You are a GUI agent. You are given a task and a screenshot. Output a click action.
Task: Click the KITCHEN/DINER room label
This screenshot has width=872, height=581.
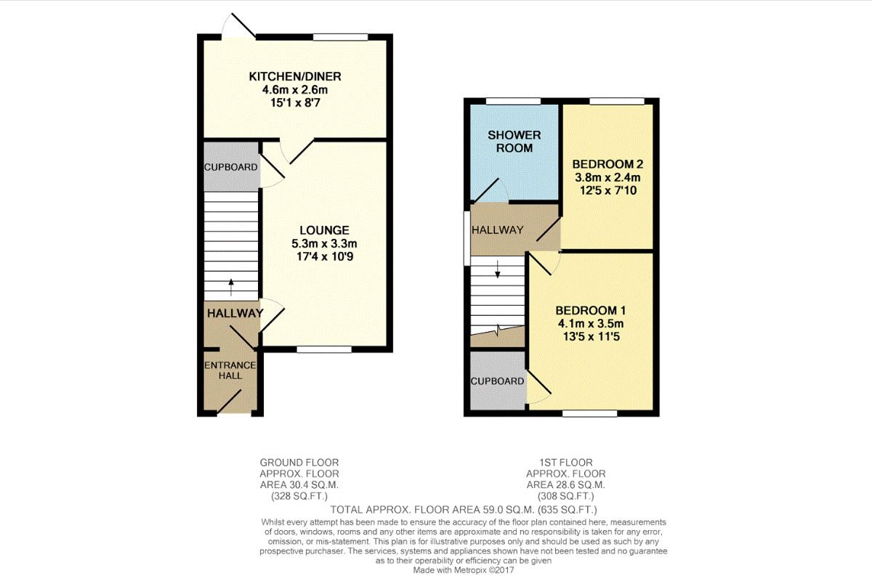(295, 76)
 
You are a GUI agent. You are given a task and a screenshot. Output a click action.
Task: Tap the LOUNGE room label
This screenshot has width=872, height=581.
(324, 230)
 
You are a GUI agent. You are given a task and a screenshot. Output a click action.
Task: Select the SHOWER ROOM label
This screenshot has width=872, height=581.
(514, 142)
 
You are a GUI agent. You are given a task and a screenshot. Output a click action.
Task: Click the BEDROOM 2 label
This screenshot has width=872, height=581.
(607, 164)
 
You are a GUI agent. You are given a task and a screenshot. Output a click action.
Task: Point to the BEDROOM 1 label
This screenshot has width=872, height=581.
(591, 311)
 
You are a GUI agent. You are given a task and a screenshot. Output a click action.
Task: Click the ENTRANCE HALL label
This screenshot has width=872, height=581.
(230, 370)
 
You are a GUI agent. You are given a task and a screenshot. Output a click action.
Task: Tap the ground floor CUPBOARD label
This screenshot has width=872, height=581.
(231, 167)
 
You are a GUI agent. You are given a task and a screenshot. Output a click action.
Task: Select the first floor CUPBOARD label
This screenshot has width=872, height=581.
(497, 381)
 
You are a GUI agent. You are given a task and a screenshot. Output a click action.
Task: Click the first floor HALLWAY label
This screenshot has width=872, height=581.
(498, 230)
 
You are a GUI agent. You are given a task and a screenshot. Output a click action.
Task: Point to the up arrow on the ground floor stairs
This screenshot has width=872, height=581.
(231, 287)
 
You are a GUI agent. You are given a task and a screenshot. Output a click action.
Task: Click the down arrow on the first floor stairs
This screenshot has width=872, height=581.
(498, 269)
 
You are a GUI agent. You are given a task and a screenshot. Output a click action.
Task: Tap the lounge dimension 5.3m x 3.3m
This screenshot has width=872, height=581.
(324, 243)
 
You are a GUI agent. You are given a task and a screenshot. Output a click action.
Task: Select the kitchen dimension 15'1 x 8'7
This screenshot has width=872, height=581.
(295, 103)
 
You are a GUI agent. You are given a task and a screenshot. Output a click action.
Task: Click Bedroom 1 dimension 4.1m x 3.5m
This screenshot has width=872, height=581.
(591, 324)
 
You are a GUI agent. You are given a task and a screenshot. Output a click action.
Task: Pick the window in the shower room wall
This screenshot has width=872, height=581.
(514, 101)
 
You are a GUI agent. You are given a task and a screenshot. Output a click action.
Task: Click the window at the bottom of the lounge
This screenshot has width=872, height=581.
(324, 349)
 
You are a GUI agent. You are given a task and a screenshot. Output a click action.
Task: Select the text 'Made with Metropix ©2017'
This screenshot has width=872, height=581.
(464, 571)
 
